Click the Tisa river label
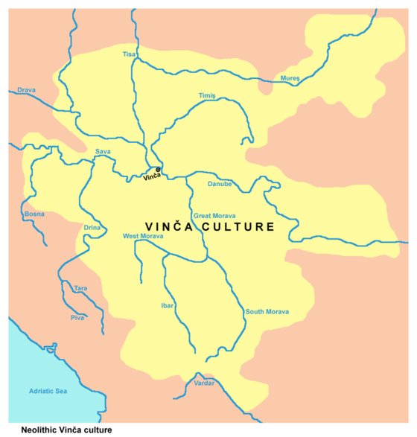130,54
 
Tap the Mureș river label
290,77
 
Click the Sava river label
103,152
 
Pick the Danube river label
220,183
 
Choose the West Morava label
143,237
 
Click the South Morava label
267,311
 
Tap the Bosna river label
35,214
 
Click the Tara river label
80,287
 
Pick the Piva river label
77,317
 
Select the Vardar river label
203,383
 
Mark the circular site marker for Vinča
158,170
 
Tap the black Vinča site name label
153,176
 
